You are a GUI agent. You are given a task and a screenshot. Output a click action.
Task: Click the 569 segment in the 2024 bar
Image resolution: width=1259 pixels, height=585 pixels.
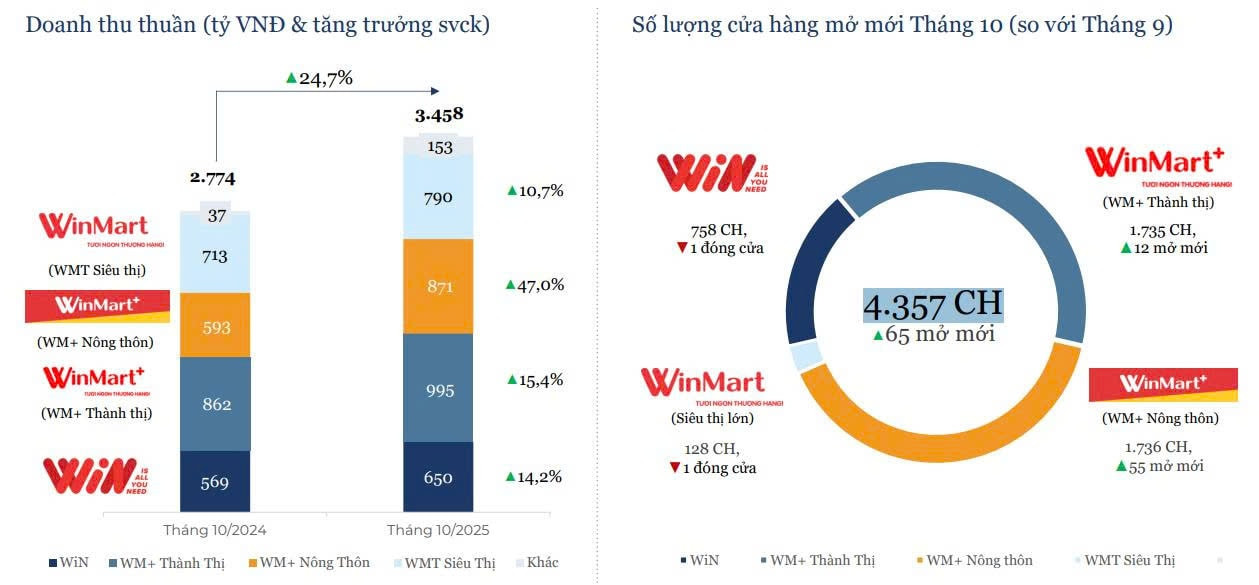[x=215, y=482]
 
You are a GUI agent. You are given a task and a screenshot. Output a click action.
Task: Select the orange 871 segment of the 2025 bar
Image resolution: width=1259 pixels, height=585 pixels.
[x=438, y=286]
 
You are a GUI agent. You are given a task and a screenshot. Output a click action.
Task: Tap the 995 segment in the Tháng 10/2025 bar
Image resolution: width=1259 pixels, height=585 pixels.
[x=438, y=388]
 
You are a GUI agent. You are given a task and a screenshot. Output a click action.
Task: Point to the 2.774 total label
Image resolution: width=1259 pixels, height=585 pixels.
[x=213, y=178]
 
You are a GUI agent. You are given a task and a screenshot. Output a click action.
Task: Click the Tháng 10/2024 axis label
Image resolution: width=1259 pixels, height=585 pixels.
[x=215, y=529]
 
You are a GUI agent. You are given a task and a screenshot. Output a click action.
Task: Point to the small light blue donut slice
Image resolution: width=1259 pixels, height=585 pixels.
[x=806, y=355]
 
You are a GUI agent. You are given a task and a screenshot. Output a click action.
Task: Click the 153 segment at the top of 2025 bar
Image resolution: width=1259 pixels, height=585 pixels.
[x=438, y=147]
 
